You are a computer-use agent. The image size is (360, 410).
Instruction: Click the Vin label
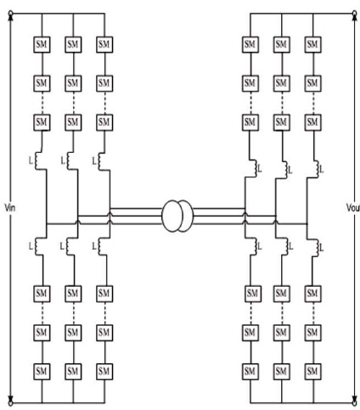[x=10, y=208]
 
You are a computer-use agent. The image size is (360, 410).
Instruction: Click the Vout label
[x=353, y=208]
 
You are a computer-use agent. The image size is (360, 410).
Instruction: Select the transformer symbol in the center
[x=177, y=216]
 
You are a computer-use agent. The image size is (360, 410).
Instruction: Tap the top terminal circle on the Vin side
[x=11, y=14]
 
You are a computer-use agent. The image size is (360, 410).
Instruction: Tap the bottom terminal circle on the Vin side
[x=11, y=402]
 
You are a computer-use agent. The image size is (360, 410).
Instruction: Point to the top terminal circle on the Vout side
[x=354, y=14]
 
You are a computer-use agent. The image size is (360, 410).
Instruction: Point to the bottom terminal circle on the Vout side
[x=354, y=402]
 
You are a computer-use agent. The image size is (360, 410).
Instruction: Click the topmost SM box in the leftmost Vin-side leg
[x=42, y=44]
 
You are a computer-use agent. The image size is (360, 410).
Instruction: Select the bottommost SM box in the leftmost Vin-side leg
[x=42, y=371]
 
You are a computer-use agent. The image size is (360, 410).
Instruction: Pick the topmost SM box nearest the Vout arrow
[x=312, y=44]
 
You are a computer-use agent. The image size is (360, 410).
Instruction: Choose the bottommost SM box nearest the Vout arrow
[x=312, y=371]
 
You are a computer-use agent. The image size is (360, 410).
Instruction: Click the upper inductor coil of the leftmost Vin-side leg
[x=37, y=161]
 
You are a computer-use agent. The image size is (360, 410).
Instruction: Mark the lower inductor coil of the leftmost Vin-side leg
[x=37, y=246]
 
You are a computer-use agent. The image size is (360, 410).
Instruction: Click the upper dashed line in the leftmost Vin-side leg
[x=42, y=103]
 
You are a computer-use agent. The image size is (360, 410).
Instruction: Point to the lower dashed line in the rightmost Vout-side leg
[x=313, y=313]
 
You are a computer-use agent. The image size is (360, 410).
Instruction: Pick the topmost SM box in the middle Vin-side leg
[x=73, y=44]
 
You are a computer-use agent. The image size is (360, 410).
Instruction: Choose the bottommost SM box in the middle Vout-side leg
[x=282, y=371]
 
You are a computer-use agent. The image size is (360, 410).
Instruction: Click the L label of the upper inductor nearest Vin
[x=31, y=161]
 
